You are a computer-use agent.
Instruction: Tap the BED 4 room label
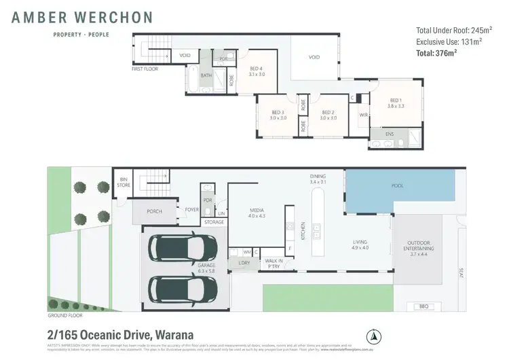[256, 69]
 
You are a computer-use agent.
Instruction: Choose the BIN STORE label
[123, 182]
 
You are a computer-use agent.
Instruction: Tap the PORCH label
[154, 211]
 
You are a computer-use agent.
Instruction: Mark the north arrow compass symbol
[371, 336]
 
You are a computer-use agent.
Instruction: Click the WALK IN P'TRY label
[274, 263]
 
